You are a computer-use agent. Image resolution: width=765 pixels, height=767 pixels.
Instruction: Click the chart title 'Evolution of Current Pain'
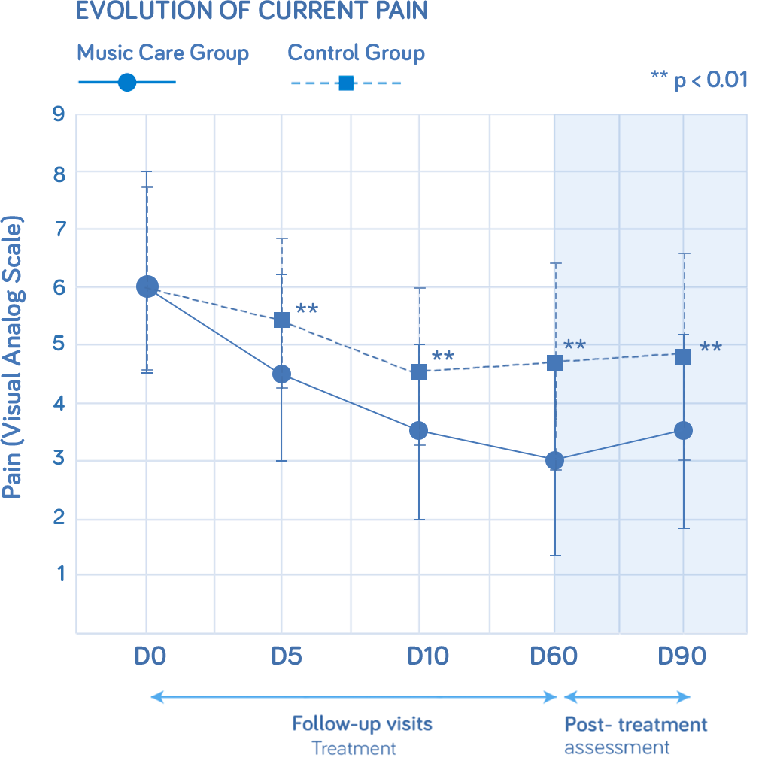click(x=252, y=12)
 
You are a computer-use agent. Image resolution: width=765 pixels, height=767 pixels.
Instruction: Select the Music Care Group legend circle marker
click(x=127, y=82)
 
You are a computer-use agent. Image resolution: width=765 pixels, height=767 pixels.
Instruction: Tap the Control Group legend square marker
click(x=346, y=83)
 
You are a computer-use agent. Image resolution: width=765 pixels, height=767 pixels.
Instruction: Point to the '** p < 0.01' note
click(x=699, y=79)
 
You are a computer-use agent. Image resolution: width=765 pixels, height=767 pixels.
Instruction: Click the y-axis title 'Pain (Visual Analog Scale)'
click(x=13, y=357)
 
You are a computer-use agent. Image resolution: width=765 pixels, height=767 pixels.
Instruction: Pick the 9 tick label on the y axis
click(x=59, y=115)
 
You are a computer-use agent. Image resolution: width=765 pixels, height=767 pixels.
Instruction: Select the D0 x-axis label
click(x=150, y=656)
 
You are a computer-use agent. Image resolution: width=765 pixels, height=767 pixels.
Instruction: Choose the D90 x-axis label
click(x=682, y=656)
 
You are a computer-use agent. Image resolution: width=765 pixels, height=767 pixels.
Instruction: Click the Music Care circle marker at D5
click(x=281, y=374)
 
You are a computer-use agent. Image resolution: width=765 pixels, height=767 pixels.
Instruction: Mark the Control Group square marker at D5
click(x=281, y=320)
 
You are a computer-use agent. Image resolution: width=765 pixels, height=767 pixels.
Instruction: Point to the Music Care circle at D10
click(x=419, y=430)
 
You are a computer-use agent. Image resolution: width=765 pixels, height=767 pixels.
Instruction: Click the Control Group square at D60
click(x=555, y=362)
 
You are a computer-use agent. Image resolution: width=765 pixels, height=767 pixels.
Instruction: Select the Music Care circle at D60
click(x=555, y=460)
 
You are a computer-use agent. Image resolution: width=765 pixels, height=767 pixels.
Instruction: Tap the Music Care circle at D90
click(x=683, y=430)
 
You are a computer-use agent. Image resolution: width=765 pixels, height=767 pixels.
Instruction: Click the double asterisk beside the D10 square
click(x=443, y=356)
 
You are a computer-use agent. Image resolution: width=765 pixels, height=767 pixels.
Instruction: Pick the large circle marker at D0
click(x=147, y=286)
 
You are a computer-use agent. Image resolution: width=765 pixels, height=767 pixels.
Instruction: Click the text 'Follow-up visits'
click(x=362, y=724)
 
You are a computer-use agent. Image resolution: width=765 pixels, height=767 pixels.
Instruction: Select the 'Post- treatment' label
click(x=636, y=724)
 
